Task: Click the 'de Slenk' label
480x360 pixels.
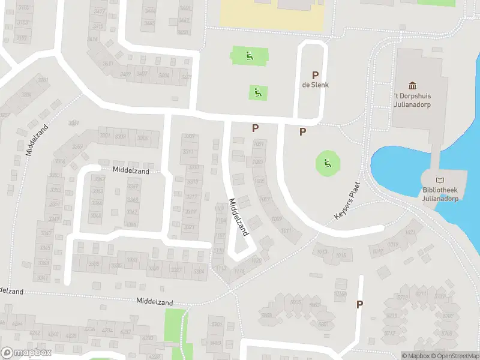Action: point(314,85)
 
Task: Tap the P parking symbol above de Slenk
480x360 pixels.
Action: point(314,74)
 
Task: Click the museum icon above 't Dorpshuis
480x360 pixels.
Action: point(412,86)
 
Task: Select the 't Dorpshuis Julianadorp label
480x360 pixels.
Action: point(412,100)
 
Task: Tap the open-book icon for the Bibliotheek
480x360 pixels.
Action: point(441,180)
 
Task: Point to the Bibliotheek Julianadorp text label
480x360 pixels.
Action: point(441,194)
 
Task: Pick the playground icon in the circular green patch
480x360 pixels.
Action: point(327,163)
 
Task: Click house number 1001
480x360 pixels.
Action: point(259,144)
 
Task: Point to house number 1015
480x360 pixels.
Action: point(340,256)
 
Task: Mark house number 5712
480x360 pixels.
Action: point(391,333)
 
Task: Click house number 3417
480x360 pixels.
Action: point(98,27)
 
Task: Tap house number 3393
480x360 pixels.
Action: point(121,137)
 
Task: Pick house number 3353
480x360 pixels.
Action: point(56,190)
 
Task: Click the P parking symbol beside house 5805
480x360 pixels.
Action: point(359,304)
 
